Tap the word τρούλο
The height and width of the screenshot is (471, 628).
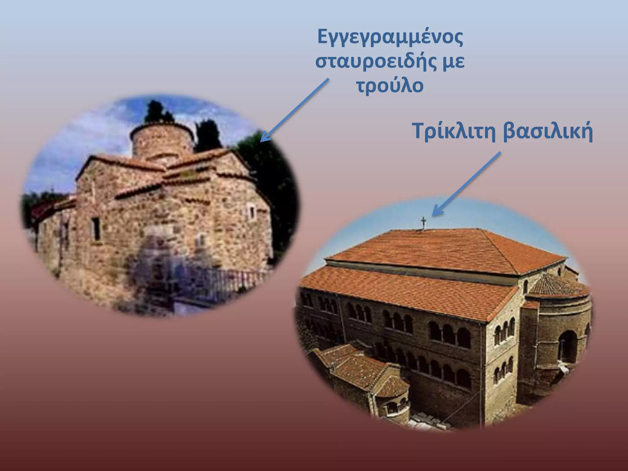390,86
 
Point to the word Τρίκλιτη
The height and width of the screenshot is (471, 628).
454,131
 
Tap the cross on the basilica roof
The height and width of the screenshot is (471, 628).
423,222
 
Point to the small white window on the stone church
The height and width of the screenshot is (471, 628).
251,212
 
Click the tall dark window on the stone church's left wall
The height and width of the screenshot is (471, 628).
96,228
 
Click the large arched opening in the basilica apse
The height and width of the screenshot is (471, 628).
567,347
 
